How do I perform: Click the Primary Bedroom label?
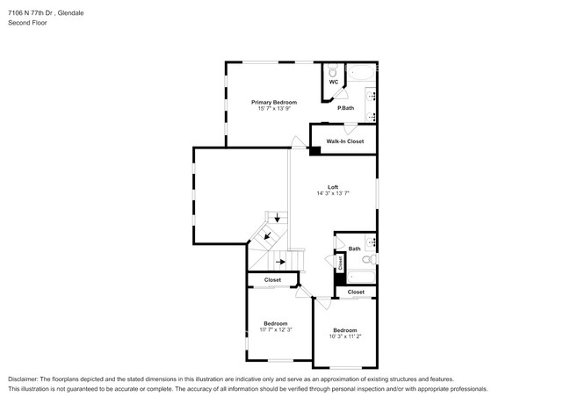(274, 102)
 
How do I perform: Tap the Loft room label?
(333, 187)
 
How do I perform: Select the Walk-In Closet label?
(345, 141)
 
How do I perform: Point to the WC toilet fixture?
(332, 70)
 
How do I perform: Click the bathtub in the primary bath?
(361, 73)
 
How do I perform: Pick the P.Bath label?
(345, 108)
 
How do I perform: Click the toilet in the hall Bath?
(370, 259)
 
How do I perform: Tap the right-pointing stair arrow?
(280, 262)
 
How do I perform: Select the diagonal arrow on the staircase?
(268, 236)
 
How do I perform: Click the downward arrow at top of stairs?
(277, 218)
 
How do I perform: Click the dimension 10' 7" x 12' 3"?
(276, 329)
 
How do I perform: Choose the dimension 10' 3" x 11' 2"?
(345, 336)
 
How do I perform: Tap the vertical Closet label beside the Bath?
(341, 263)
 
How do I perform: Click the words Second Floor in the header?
(28, 23)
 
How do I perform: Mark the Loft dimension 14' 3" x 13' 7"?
(333, 193)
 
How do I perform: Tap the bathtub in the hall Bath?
(361, 278)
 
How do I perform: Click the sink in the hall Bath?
(371, 242)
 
